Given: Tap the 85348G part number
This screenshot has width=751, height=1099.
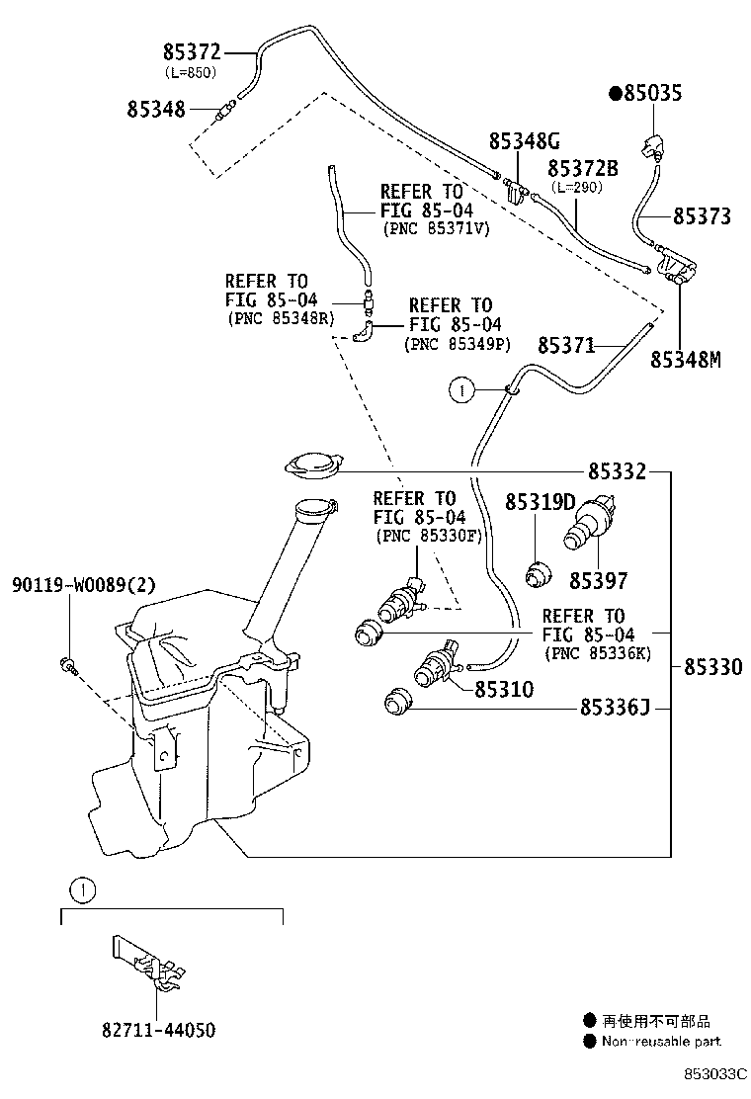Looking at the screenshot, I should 525,143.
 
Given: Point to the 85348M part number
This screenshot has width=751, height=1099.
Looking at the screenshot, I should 685,360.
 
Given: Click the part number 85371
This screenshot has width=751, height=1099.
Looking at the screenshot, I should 565,345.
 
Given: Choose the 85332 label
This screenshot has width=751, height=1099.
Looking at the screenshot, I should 618,473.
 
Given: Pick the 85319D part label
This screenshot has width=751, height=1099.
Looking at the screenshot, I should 540,503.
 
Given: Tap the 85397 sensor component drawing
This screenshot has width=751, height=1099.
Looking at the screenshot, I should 589,524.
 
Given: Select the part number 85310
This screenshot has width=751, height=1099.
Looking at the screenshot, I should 504,689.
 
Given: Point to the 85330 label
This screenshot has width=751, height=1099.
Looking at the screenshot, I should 712,667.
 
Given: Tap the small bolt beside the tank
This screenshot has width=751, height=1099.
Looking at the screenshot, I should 68,664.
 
